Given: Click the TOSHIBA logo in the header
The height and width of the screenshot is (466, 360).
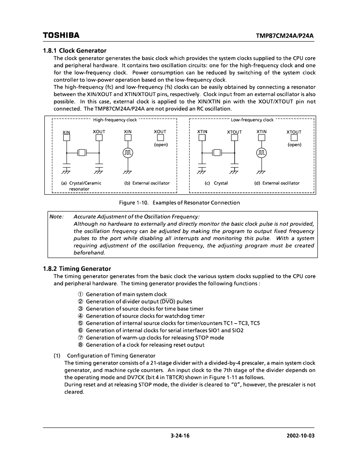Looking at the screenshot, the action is (61, 35).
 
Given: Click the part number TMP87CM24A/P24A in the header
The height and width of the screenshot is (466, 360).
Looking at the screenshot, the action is (285, 36).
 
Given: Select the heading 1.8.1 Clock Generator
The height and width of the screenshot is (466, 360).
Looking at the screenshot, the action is (75, 51).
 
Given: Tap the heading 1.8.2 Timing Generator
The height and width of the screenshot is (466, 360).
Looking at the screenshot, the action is (77, 269).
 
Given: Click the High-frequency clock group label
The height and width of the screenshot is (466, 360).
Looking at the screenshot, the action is (115, 120).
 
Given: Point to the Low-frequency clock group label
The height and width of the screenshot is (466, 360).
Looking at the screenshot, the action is (252, 120).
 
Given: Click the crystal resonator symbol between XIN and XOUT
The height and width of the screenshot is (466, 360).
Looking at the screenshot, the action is (82, 153).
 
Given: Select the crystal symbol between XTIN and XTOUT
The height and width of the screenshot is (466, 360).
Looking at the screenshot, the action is (217, 153).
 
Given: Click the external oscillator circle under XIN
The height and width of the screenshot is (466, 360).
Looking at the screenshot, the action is (128, 153).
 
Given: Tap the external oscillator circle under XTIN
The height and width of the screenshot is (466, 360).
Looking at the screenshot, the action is (261, 153).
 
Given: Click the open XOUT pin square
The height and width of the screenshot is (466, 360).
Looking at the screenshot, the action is (161, 138).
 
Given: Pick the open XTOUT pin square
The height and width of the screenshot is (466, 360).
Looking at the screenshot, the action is (294, 138).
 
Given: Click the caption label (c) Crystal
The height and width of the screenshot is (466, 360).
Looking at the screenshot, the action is (216, 183).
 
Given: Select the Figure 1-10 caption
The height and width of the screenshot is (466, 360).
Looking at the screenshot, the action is (179, 203).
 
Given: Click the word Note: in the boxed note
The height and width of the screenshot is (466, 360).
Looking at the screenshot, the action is (57, 216).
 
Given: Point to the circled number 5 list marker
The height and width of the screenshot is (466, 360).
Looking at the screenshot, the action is (80, 323).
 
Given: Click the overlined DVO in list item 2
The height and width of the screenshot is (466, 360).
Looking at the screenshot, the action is (168, 301).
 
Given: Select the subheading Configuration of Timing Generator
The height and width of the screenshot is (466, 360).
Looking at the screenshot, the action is (111, 356).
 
